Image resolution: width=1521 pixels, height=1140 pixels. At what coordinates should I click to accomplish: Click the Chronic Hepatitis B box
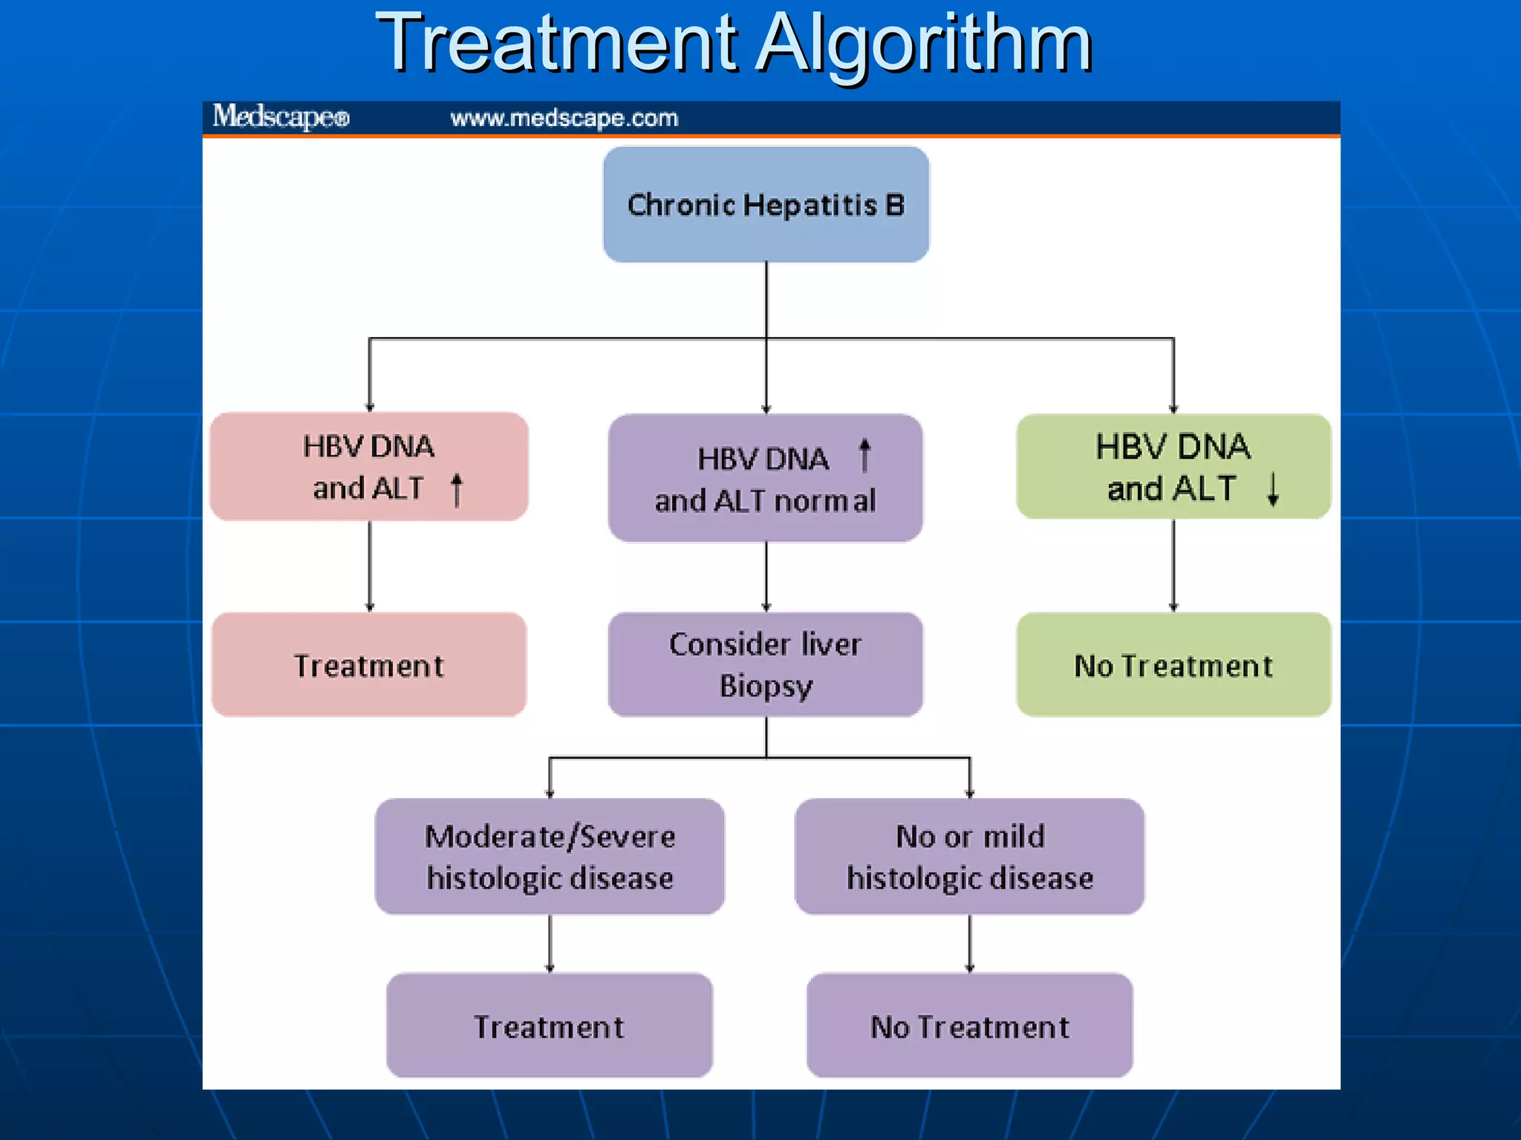tap(766, 204)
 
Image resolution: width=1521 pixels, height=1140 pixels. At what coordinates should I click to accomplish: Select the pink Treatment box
tap(369, 665)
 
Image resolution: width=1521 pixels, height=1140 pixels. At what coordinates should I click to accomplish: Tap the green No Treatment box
tap(1173, 665)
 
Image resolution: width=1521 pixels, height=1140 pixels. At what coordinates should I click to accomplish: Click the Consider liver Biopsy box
tap(766, 664)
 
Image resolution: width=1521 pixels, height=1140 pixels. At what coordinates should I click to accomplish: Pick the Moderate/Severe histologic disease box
tap(550, 856)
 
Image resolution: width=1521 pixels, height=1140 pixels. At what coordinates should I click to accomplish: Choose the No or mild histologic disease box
tap(969, 856)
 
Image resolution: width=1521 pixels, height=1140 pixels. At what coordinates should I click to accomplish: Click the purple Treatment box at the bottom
tap(550, 1026)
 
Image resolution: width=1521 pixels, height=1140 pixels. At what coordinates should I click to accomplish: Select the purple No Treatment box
tap(969, 1026)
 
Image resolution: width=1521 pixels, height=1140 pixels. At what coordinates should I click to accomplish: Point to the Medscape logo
tap(281, 117)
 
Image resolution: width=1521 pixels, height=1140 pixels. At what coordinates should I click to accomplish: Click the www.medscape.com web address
tap(564, 118)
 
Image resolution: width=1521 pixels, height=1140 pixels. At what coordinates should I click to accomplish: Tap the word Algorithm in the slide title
tap(925, 45)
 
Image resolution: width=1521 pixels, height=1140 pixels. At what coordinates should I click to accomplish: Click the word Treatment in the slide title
tap(557, 45)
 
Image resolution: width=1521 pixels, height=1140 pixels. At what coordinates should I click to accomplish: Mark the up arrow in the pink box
tap(457, 490)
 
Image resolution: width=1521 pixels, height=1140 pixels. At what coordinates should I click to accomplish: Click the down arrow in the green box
tap(1273, 490)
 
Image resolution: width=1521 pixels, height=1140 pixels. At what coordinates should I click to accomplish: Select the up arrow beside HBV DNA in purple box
tap(864, 455)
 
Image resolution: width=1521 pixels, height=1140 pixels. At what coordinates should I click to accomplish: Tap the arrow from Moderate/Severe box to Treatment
tap(550, 943)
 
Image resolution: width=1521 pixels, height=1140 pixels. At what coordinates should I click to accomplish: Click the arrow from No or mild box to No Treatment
tap(969, 943)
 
